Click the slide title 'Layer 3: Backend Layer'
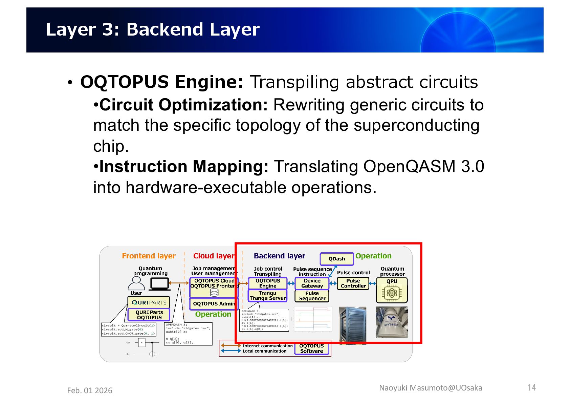153,29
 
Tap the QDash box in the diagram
337,259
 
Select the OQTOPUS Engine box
267,283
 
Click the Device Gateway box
312,283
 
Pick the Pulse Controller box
353,283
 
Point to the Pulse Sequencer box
312,296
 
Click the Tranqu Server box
267,296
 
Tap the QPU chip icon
392,293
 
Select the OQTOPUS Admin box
214,304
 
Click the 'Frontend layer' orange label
149,256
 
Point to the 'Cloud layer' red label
214,256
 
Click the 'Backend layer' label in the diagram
279,256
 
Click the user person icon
136,283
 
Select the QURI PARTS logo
149,302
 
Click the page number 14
532,387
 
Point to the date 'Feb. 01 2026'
90,390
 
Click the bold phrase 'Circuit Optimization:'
184,105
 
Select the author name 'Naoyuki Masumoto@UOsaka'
431,388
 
